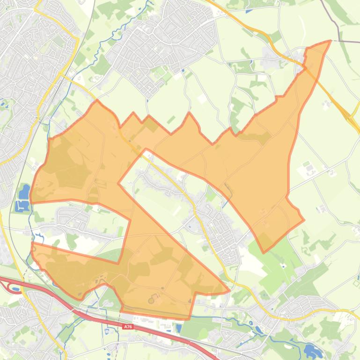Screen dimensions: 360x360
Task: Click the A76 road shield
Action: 128,327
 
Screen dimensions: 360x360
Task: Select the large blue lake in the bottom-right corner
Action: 310,350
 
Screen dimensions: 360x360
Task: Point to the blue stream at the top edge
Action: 149,5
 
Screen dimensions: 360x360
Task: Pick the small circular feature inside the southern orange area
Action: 151,301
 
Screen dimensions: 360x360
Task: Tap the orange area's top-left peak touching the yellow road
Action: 97,100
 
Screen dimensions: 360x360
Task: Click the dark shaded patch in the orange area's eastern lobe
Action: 262,137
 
